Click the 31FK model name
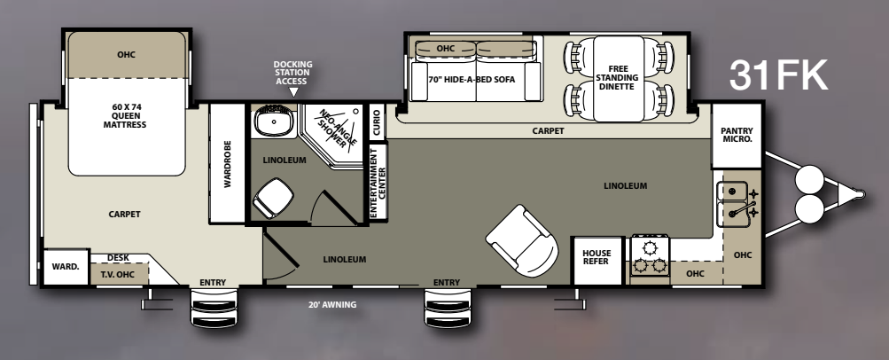tap(778, 75)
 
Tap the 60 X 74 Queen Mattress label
tap(125, 115)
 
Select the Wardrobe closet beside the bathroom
tap(228, 163)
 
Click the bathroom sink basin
tap(274, 121)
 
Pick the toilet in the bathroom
tap(273, 198)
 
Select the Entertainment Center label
tap(378, 182)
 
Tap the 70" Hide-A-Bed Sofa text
tap(472, 80)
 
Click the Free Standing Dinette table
tap(619, 78)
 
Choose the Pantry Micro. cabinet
tap(737, 135)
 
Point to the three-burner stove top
tap(650, 255)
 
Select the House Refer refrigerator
tap(597, 261)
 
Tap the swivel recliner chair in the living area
tap(521, 240)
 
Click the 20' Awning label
tap(332, 304)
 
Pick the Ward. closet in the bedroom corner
tap(66, 267)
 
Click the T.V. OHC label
tap(117, 275)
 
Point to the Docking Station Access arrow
tap(293, 92)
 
